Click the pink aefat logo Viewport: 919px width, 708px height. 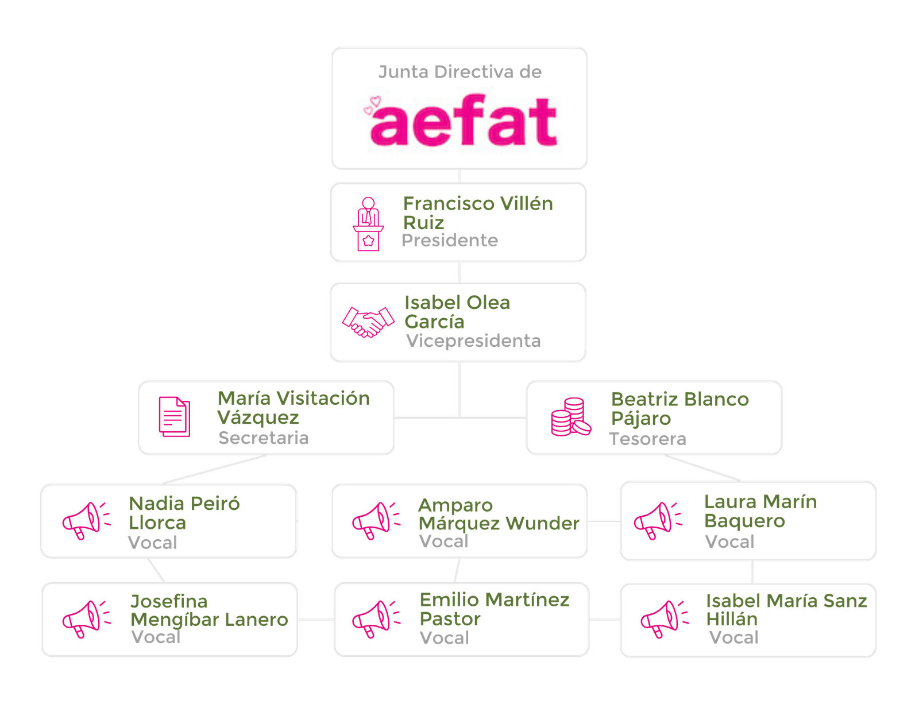[462, 121]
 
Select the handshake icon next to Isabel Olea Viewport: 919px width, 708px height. [368, 322]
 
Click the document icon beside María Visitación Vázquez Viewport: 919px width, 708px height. [175, 417]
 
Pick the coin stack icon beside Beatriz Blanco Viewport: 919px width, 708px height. [570, 417]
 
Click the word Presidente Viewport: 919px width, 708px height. [449, 241]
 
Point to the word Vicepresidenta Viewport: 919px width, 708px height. [473, 341]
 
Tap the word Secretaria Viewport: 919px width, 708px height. [263, 438]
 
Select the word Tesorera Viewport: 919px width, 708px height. [647, 439]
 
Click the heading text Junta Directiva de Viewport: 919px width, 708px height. [459, 72]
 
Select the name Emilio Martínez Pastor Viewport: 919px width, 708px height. [494, 609]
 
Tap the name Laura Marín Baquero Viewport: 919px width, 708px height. [759, 511]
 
